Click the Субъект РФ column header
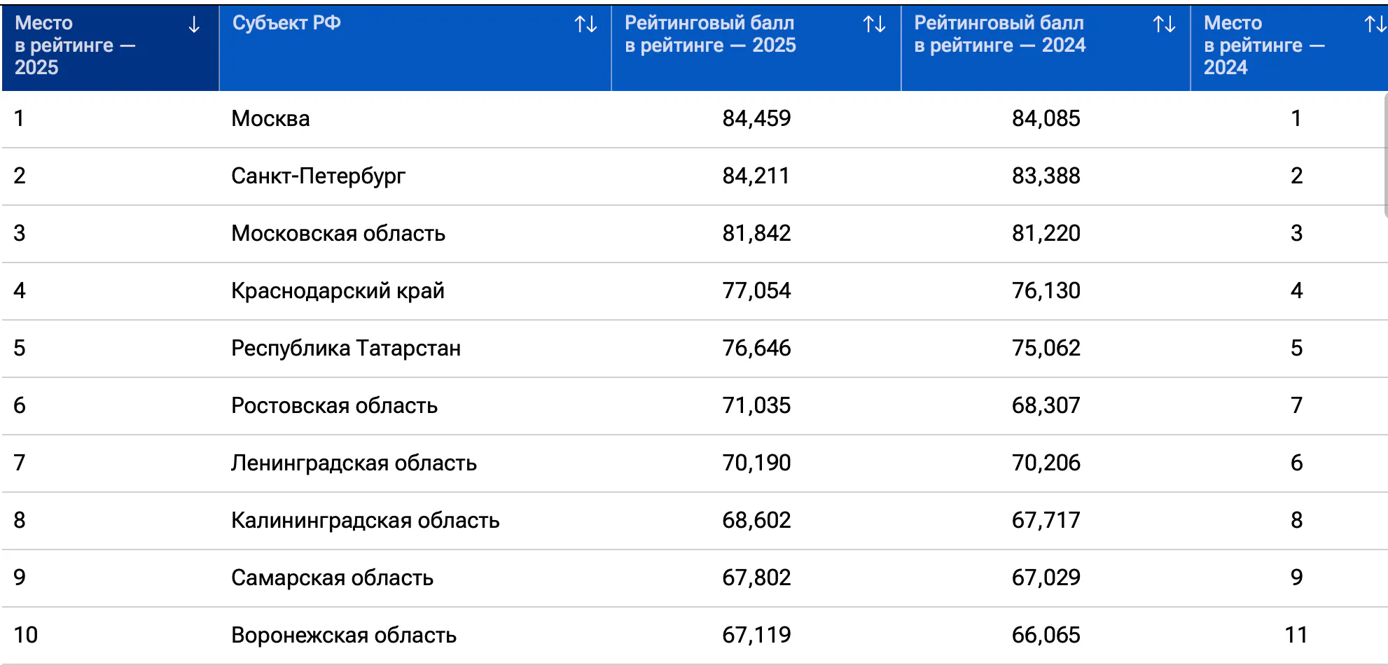pyautogui.click(x=286, y=23)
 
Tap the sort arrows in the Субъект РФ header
pyautogui.click(x=586, y=24)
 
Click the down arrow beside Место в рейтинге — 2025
pyautogui.click(x=194, y=25)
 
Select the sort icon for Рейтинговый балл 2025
pyautogui.click(x=875, y=24)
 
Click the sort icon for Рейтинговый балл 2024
pyautogui.click(x=1165, y=24)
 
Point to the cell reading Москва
pyautogui.click(x=270, y=118)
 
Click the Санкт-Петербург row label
pyautogui.click(x=318, y=176)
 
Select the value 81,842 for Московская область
pyautogui.click(x=756, y=233)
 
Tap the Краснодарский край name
pyautogui.click(x=338, y=290)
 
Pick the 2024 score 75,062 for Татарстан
pyautogui.click(x=1046, y=348)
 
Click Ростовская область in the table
pyautogui.click(x=334, y=405)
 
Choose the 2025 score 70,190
pyautogui.click(x=756, y=463)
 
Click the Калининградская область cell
pyautogui.click(x=365, y=520)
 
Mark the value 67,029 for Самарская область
pyautogui.click(x=1046, y=577)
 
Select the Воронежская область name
pyautogui.click(x=344, y=635)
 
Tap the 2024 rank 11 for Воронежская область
pyautogui.click(x=1296, y=635)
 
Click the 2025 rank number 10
pyautogui.click(x=26, y=635)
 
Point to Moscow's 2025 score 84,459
pyautogui.click(x=756, y=118)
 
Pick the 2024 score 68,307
pyautogui.click(x=1046, y=405)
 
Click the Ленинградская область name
pyautogui.click(x=354, y=463)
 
